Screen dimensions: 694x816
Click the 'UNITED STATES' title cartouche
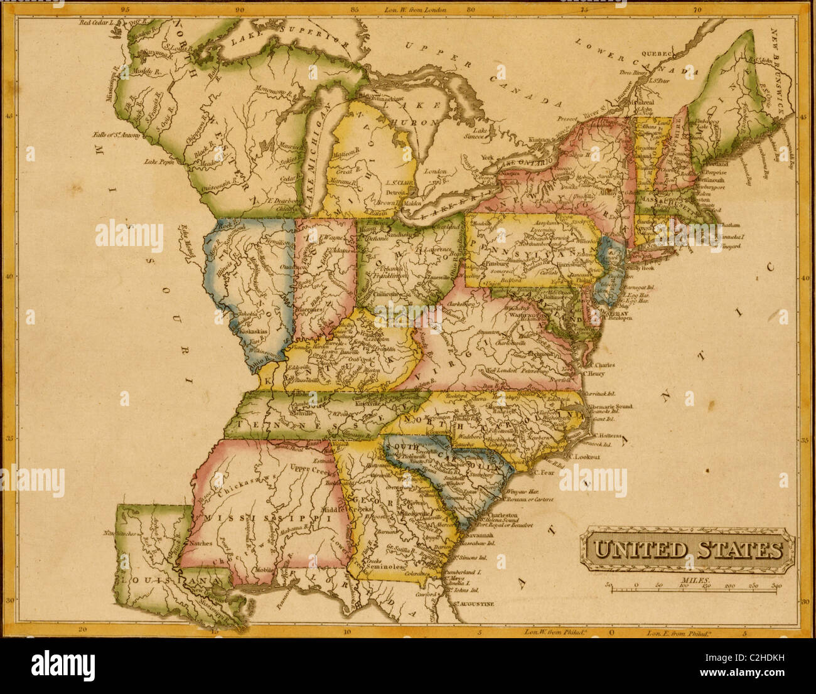687,550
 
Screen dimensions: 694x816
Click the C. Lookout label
588,457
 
